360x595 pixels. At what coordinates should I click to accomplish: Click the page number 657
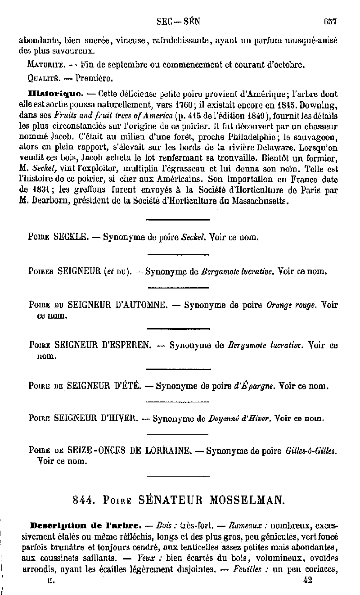coord(331,21)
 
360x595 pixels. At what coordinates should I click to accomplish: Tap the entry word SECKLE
coord(70,237)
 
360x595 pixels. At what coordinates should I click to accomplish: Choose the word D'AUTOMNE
coord(141,305)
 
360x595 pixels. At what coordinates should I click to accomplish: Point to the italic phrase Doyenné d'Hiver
coord(239,418)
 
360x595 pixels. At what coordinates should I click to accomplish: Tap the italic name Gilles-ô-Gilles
coord(311,451)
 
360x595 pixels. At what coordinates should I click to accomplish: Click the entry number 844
coord(83,500)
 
